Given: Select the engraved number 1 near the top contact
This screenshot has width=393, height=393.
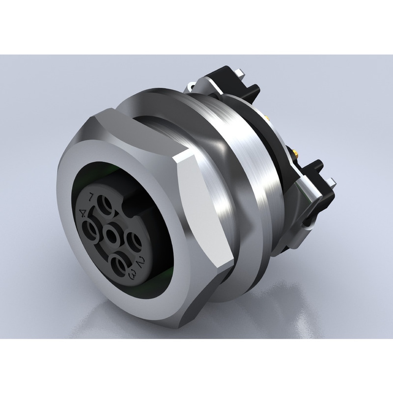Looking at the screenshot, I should [92, 196].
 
